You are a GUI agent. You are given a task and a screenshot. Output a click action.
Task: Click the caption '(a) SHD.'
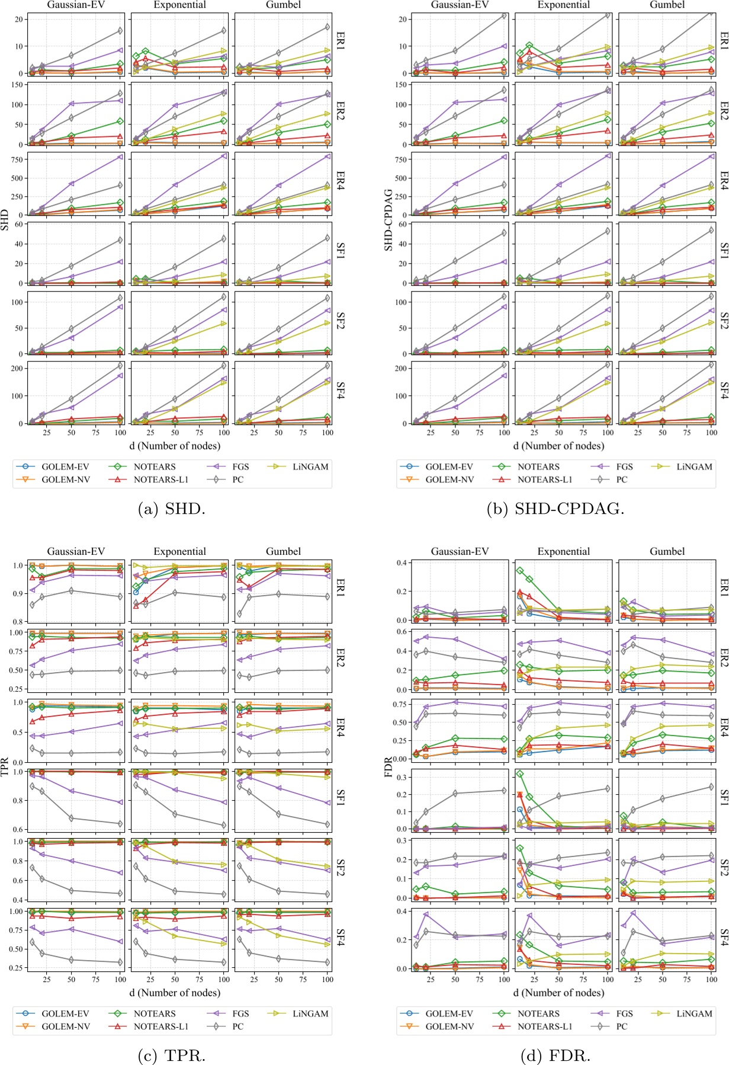pos(172,508)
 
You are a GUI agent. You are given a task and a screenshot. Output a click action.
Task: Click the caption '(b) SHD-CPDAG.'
pos(555,508)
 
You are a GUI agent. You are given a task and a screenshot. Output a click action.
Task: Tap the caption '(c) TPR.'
pos(172,1055)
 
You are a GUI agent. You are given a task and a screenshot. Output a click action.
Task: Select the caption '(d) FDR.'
pos(555,1055)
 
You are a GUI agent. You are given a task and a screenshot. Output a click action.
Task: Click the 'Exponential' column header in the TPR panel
pos(179,551)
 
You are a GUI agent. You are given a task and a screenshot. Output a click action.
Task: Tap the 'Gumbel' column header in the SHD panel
pos(283,5)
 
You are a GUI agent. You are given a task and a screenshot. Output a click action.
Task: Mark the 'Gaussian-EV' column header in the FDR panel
pos(460,551)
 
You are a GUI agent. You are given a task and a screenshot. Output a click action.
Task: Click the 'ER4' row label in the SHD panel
pos(342,181)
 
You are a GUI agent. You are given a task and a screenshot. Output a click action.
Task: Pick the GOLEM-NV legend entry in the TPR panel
pos(65,1026)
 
